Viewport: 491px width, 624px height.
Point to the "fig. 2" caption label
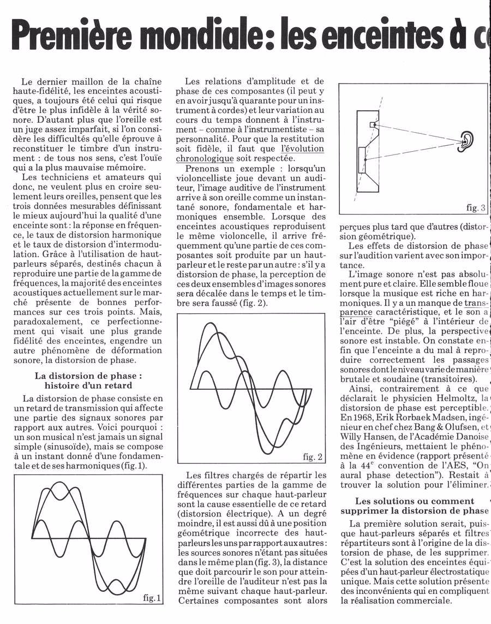click(x=313, y=456)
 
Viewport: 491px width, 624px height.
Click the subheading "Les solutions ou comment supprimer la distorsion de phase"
click(x=414, y=506)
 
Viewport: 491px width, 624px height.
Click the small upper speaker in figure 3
click(x=374, y=124)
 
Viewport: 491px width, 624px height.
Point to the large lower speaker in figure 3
click(x=362, y=158)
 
